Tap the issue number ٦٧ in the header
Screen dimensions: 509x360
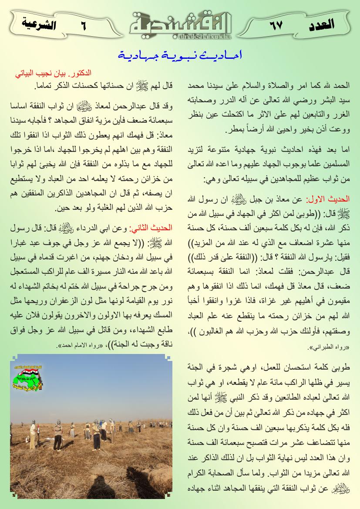click(x=275, y=24)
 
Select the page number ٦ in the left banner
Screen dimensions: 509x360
click(x=83, y=25)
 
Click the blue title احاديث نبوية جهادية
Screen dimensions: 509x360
click(x=180, y=56)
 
